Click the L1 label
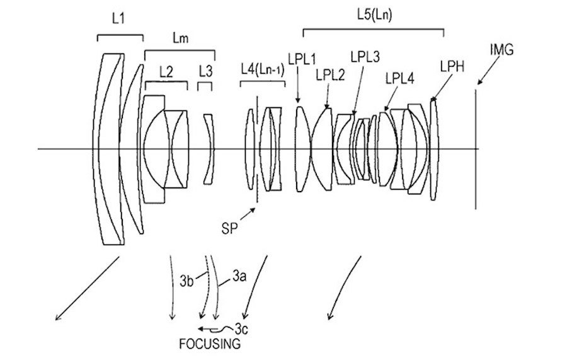[x=118, y=20]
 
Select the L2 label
[x=166, y=72]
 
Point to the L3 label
[x=205, y=72]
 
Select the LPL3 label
[x=366, y=57]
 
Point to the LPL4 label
[x=399, y=78]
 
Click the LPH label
[x=453, y=66]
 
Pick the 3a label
[x=238, y=276]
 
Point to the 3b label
[x=186, y=281]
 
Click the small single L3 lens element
[x=210, y=149]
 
